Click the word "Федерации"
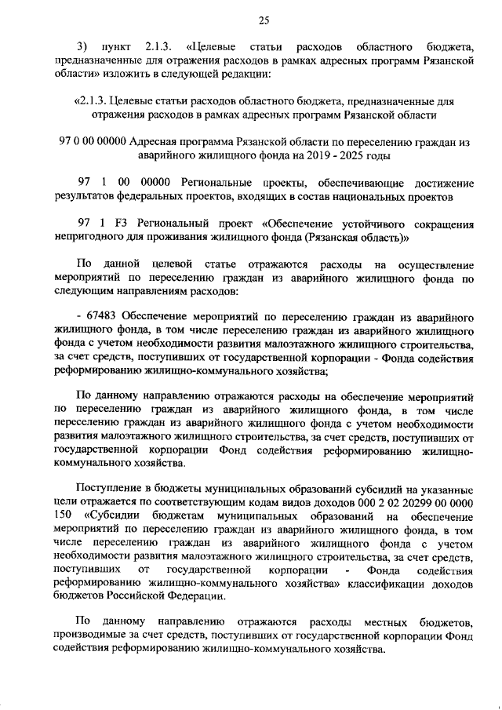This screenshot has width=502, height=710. [199, 598]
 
